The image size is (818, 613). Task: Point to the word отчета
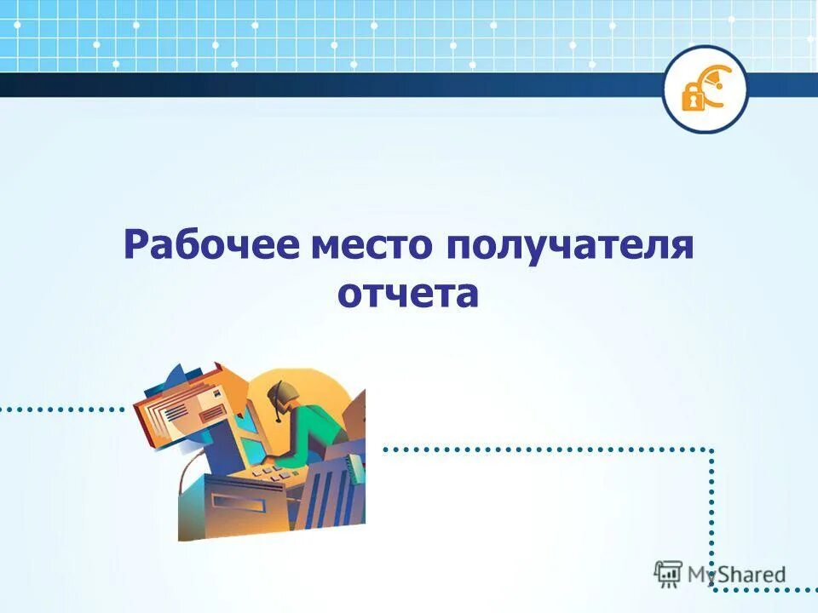(408, 295)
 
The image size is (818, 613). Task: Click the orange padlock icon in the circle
(693, 96)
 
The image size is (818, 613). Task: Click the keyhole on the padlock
(693, 100)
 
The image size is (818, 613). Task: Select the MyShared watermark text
(737, 575)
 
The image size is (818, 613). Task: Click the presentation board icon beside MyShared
(668, 574)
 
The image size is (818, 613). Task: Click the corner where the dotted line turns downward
(711, 450)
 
